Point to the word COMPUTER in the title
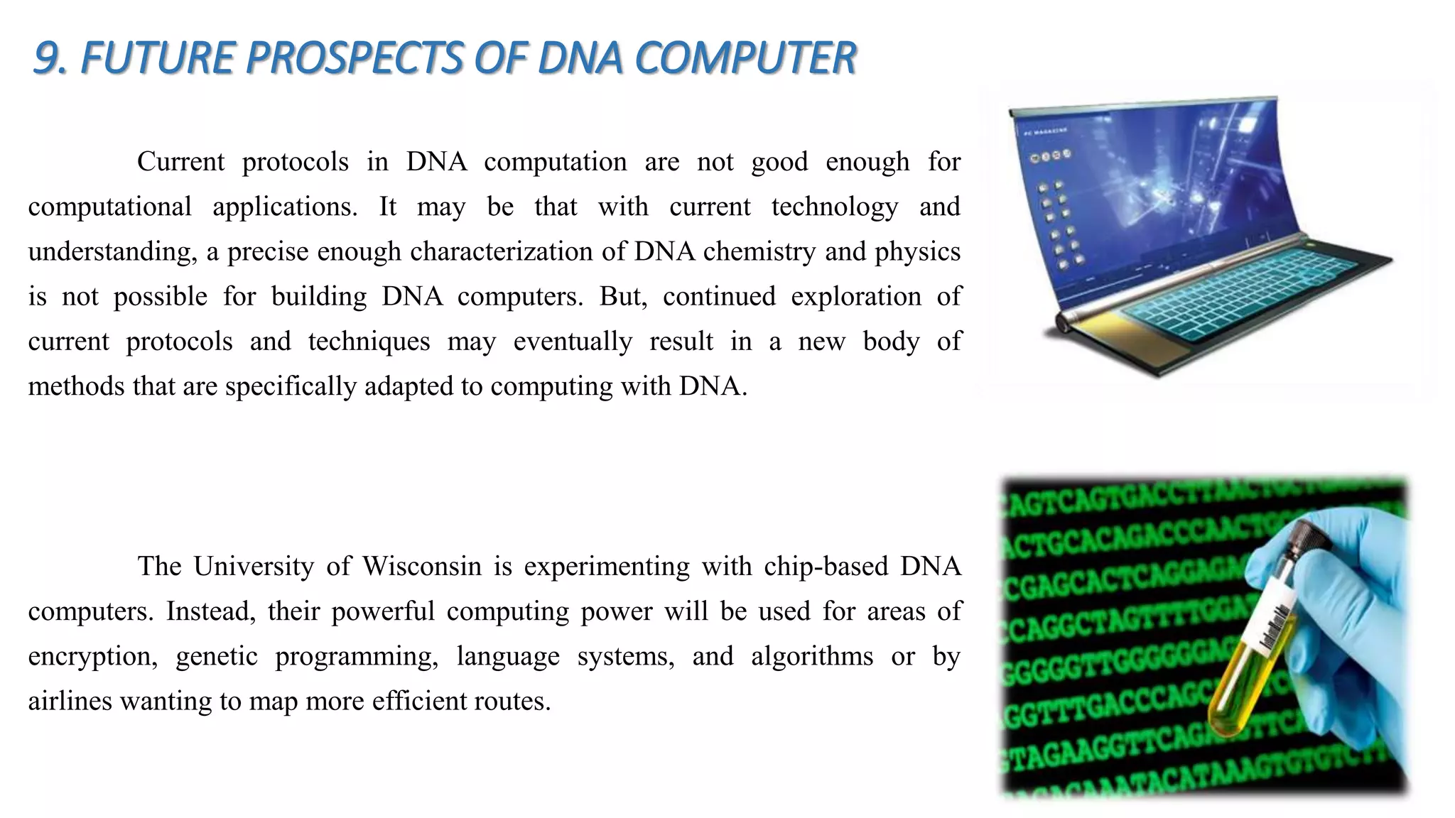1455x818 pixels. (x=745, y=58)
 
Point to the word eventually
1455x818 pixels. (x=572, y=342)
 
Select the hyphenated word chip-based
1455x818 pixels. (x=826, y=567)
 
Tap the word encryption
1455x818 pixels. (x=92, y=657)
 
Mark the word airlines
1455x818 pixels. (x=70, y=702)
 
